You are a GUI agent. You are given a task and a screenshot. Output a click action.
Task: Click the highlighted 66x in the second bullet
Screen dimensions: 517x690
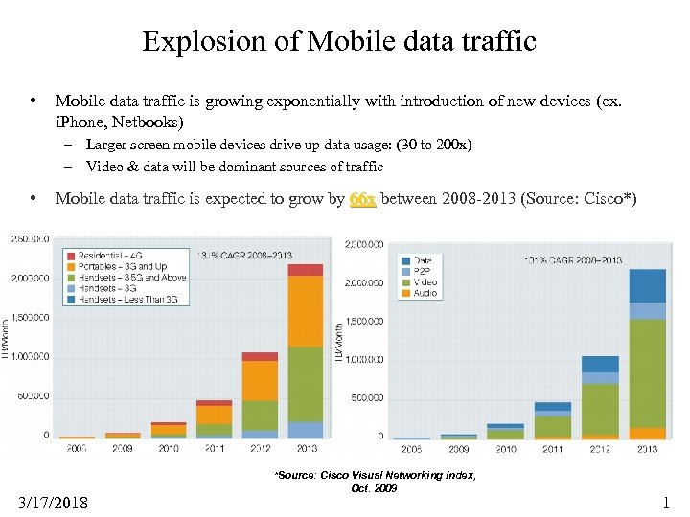pyautogui.click(x=362, y=199)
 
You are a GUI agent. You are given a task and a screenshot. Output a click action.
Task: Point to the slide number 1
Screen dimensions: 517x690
pyautogui.click(x=666, y=502)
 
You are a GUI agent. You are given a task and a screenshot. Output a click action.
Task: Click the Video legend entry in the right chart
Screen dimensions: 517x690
pyautogui.click(x=425, y=282)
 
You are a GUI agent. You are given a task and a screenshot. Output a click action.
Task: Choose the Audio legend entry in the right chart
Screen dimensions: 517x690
pyautogui.click(x=425, y=293)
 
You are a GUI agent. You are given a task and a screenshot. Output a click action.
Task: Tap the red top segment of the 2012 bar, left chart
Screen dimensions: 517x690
pyautogui.click(x=260, y=357)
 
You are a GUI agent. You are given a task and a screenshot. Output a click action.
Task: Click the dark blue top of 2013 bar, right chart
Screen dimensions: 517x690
pyautogui.click(x=647, y=285)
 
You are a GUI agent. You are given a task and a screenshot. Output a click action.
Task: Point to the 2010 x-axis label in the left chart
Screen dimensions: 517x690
pyautogui.click(x=168, y=447)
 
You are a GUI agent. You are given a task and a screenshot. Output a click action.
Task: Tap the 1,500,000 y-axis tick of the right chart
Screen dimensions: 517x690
pyautogui.click(x=363, y=322)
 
